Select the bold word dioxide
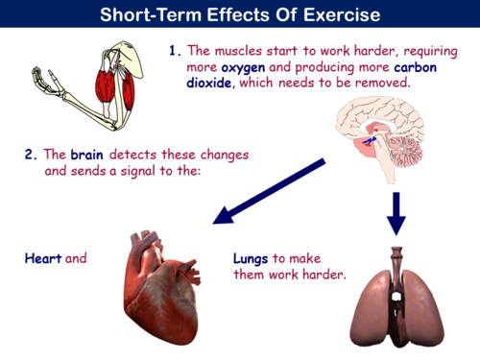pyautogui.click(x=209, y=83)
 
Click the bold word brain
pyautogui.click(x=87, y=154)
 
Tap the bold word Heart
pyautogui.click(x=42, y=257)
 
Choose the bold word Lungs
pyautogui.click(x=252, y=258)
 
